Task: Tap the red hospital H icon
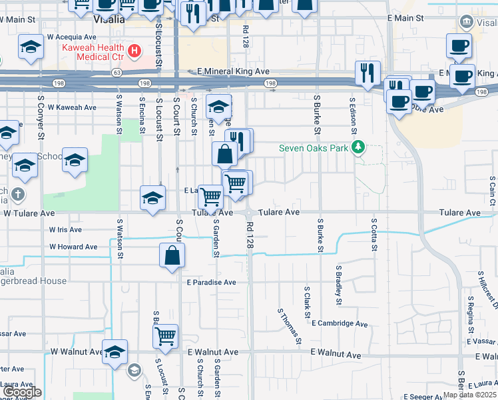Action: (x=135, y=51)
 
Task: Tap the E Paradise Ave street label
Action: (x=211, y=282)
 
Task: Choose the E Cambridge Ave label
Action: (x=339, y=323)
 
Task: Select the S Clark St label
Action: (x=308, y=302)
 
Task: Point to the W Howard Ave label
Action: (x=73, y=247)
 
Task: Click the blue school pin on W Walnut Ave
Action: (x=115, y=351)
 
